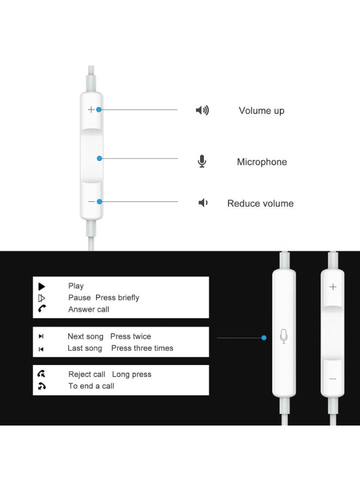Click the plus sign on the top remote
tap(91, 109)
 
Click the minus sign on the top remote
tap(91, 201)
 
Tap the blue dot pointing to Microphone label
tap(99, 158)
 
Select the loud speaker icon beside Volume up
tap(202, 111)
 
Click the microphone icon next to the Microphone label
tap(202, 161)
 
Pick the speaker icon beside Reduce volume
tap(203, 203)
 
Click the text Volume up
tap(261, 111)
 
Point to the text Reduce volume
tap(260, 203)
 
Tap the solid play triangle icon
tap(41, 286)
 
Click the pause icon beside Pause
tap(41, 298)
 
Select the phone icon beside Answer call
tap(42, 309)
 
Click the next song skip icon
tap(41, 337)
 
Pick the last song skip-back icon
tap(41, 349)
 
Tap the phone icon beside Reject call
tap(41, 374)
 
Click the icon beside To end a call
tap(42, 386)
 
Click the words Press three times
tap(142, 348)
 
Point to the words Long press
tap(131, 374)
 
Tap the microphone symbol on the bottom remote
tap(283, 336)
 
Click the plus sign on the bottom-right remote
tap(333, 287)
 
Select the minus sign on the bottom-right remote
tap(333, 379)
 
